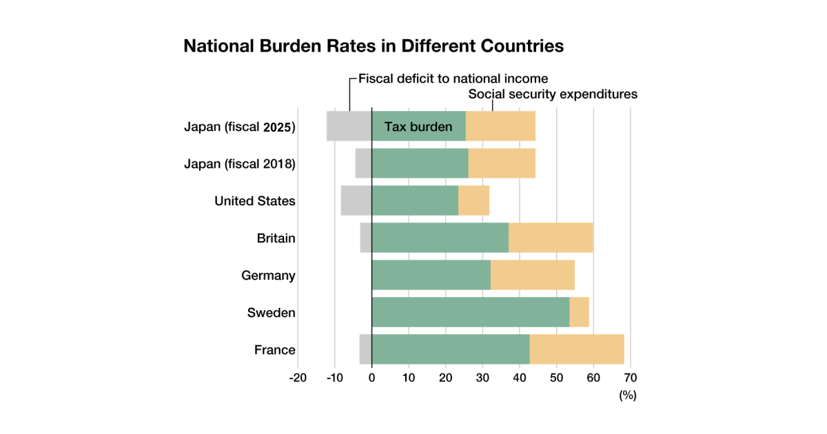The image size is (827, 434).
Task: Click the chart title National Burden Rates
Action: click(374, 46)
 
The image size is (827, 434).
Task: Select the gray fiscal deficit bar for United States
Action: click(356, 200)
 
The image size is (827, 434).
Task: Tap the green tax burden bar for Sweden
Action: click(471, 312)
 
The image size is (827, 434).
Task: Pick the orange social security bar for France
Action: click(577, 349)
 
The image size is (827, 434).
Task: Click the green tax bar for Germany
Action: click(431, 275)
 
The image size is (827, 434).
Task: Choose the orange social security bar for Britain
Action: click(551, 238)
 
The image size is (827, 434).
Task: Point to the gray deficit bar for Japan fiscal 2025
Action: click(349, 126)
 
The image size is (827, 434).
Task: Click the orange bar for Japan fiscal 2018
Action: click(502, 163)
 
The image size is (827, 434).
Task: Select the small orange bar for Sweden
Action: click(580, 312)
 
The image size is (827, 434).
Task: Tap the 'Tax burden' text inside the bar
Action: click(418, 127)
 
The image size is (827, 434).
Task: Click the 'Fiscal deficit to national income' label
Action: click(453, 79)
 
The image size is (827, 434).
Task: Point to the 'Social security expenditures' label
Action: click(553, 94)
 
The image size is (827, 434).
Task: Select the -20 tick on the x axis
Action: click(298, 378)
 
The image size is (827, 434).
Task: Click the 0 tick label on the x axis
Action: click(372, 378)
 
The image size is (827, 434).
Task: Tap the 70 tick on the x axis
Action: click(630, 378)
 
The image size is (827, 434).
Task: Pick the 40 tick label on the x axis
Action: click(520, 378)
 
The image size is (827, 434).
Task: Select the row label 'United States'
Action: click(255, 201)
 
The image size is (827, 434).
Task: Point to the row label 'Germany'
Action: click(268, 276)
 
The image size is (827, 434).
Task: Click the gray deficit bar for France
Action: click(365, 349)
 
